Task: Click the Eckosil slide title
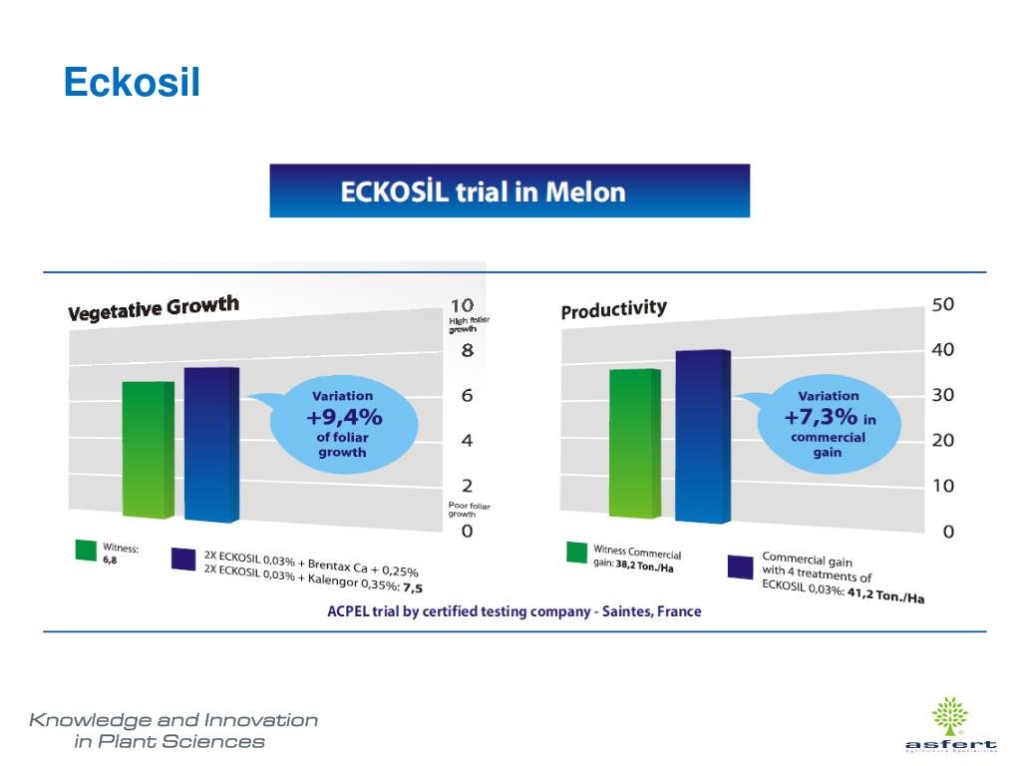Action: [132, 84]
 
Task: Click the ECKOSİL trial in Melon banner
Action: [509, 191]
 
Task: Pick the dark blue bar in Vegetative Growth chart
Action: [210, 445]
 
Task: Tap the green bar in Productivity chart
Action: [634, 443]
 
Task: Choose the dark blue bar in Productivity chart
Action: [702, 437]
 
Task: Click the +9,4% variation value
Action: [343, 417]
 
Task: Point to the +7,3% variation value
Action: [820, 417]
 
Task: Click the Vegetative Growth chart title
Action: [154, 308]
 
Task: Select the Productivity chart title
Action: [613, 309]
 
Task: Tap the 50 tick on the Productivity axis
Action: [942, 304]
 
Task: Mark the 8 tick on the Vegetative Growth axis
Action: [467, 351]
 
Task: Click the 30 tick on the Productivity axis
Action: [942, 395]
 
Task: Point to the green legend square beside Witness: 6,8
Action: [86, 550]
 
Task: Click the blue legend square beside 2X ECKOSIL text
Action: [181, 559]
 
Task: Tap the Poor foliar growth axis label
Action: [469, 510]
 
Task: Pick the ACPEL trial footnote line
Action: [513, 611]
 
